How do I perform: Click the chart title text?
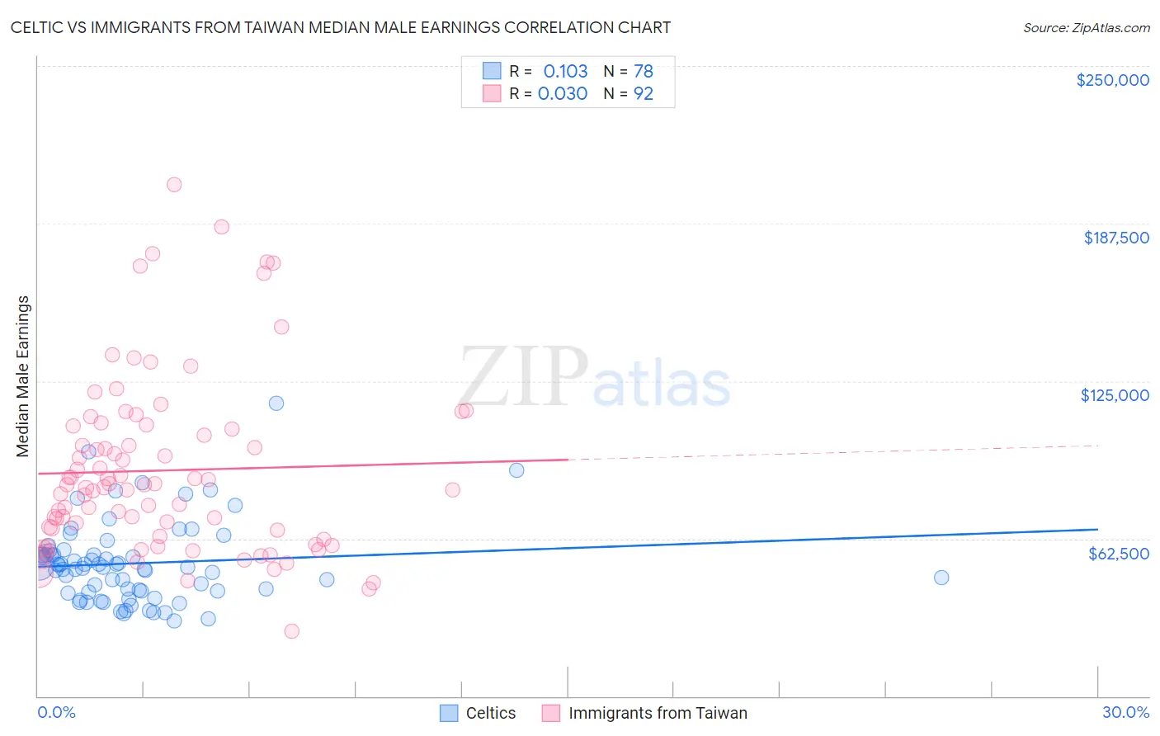point(341,27)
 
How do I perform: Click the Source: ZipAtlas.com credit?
point(1086,27)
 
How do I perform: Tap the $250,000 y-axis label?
point(1112,80)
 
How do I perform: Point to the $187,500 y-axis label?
point(1115,238)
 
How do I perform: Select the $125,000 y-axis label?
point(1115,395)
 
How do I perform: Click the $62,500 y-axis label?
point(1118,553)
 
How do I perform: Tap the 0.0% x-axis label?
point(56,712)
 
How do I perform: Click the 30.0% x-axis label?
point(1125,712)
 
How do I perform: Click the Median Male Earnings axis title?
point(23,376)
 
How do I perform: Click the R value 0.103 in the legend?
point(565,72)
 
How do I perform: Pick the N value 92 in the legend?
point(644,94)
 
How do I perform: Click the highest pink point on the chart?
point(174,185)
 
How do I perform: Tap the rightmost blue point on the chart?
point(941,578)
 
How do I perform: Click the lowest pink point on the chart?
point(291,631)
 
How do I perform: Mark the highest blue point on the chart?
point(276,403)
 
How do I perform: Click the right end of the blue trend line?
point(1097,529)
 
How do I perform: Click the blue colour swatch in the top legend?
point(492,71)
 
